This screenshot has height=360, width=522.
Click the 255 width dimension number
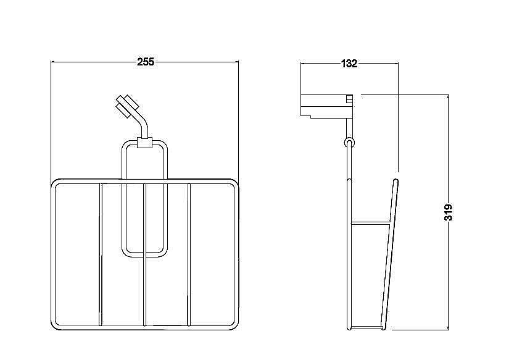click(x=146, y=62)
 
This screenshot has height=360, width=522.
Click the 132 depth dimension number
click(x=349, y=64)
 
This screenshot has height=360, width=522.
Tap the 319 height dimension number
click(x=449, y=212)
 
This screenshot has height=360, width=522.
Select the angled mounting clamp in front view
click(x=127, y=106)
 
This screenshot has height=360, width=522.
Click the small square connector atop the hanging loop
click(x=145, y=143)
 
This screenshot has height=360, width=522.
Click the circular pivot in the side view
click(x=349, y=143)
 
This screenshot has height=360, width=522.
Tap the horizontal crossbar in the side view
click(x=371, y=222)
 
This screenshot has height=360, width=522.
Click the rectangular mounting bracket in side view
click(x=326, y=106)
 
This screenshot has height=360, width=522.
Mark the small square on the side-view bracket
click(x=349, y=99)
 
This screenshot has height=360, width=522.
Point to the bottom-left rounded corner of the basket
click(x=54, y=326)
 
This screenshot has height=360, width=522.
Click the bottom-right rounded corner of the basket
click(x=235, y=326)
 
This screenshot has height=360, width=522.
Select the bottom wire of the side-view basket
click(x=366, y=328)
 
